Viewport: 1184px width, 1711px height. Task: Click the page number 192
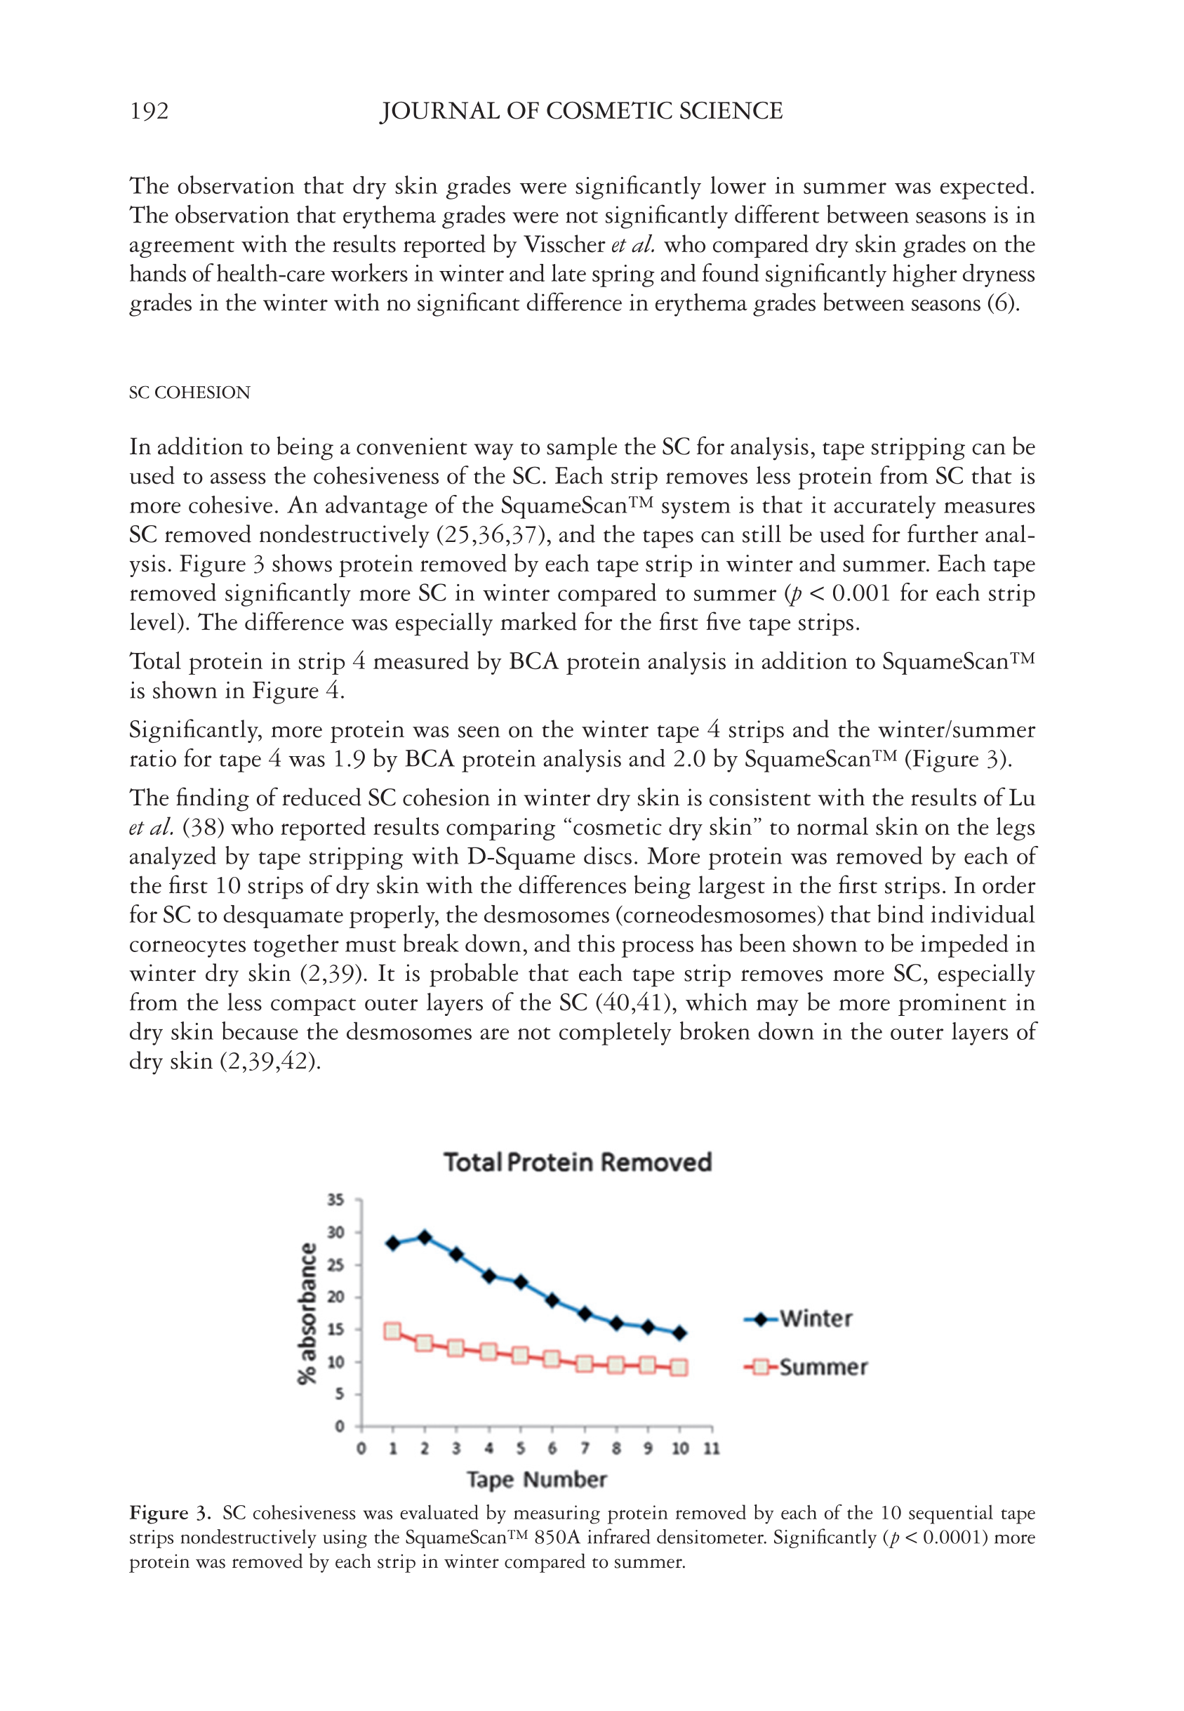point(149,112)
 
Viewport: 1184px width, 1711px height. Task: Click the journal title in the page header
point(581,112)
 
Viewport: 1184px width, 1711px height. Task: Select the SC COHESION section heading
point(189,392)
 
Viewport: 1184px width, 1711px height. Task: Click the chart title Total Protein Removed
point(577,1162)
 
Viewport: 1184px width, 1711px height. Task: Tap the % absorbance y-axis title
point(307,1314)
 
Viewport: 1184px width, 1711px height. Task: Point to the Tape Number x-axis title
point(536,1479)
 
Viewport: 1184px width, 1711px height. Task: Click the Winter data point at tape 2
point(425,1237)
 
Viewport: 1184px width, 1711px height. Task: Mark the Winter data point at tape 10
point(679,1333)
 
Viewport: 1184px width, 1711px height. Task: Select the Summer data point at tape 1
point(392,1331)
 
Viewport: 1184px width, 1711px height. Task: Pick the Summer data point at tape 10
point(679,1368)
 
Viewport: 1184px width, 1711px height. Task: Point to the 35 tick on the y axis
point(336,1200)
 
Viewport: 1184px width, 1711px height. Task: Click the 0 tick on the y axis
point(339,1426)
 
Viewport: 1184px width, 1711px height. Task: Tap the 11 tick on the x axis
point(712,1448)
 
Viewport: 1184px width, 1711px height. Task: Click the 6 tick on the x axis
point(552,1448)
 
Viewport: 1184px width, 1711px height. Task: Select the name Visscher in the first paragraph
point(564,245)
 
